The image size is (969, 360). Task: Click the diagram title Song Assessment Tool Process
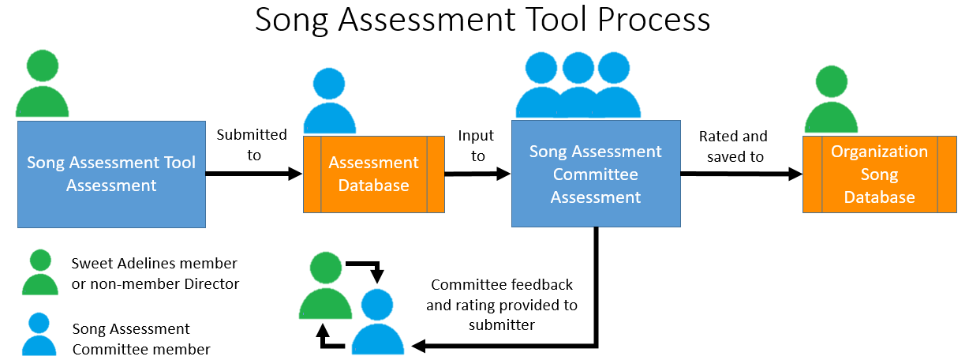(x=482, y=20)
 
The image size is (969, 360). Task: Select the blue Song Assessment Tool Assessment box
(x=111, y=174)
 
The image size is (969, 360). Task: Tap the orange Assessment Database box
(x=374, y=174)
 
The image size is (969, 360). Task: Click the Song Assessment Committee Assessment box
(x=596, y=174)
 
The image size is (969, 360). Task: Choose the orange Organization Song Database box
(x=880, y=174)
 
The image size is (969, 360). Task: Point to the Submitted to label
(x=253, y=145)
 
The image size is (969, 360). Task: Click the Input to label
(x=477, y=146)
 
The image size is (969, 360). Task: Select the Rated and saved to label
(x=734, y=146)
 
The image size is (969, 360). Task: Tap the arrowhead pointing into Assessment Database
(x=295, y=174)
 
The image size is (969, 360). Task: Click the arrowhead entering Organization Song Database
(x=795, y=174)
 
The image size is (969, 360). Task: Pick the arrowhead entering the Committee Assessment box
(x=504, y=174)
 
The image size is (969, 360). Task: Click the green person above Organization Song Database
(x=831, y=99)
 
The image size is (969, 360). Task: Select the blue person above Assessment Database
(x=330, y=100)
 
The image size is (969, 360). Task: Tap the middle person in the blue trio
(x=578, y=84)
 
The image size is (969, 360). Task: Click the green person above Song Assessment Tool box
(x=42, y=83)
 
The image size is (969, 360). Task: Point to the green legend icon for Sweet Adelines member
(x=40, y=272)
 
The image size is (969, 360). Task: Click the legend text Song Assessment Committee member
(x=141, y=339)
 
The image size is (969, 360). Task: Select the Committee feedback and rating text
(x=502, y=305)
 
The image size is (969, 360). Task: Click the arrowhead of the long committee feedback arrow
(x=418, y=346)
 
